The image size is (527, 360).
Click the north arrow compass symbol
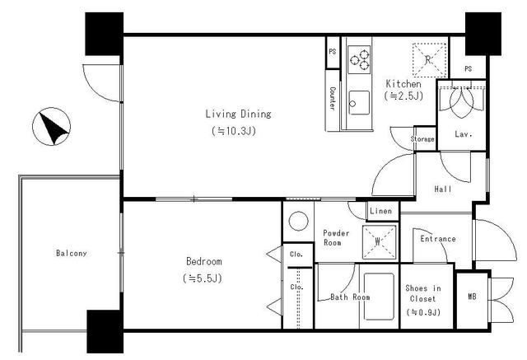pos(51,126)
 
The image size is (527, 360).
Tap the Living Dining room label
pos(238,114)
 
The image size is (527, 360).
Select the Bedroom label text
pos(204,261)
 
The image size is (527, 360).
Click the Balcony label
pos(72,253)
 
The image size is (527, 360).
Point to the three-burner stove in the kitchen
pos(359,59)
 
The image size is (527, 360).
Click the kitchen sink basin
pos(359,102)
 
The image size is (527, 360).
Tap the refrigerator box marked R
pos(430,60)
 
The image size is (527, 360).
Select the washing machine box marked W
pos(379,241)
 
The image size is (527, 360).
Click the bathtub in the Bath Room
pos(379,297)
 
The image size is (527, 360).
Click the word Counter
pos(332,99)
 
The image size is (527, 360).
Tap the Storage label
pos(422,138)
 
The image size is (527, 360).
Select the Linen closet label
pos(380,211)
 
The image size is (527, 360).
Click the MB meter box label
pos(472,297)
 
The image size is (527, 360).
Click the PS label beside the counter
pos(333,51)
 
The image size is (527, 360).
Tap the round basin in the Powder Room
pos(298,221)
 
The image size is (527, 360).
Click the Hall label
pos(443,189)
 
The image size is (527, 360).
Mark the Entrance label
pos(438,239)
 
